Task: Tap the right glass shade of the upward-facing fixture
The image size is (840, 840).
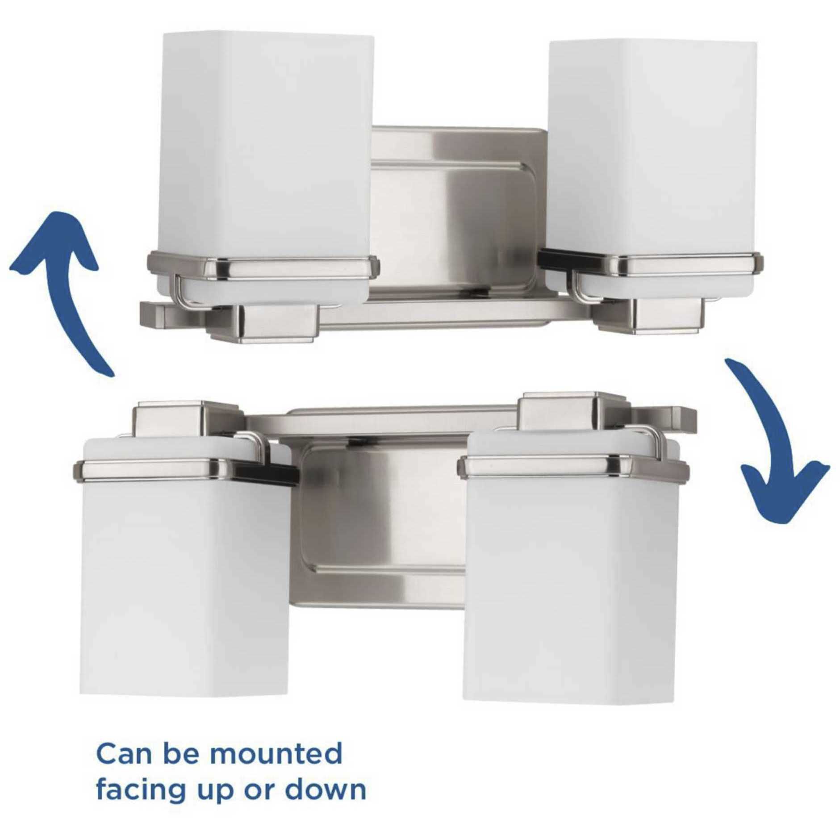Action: pos(652,165)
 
